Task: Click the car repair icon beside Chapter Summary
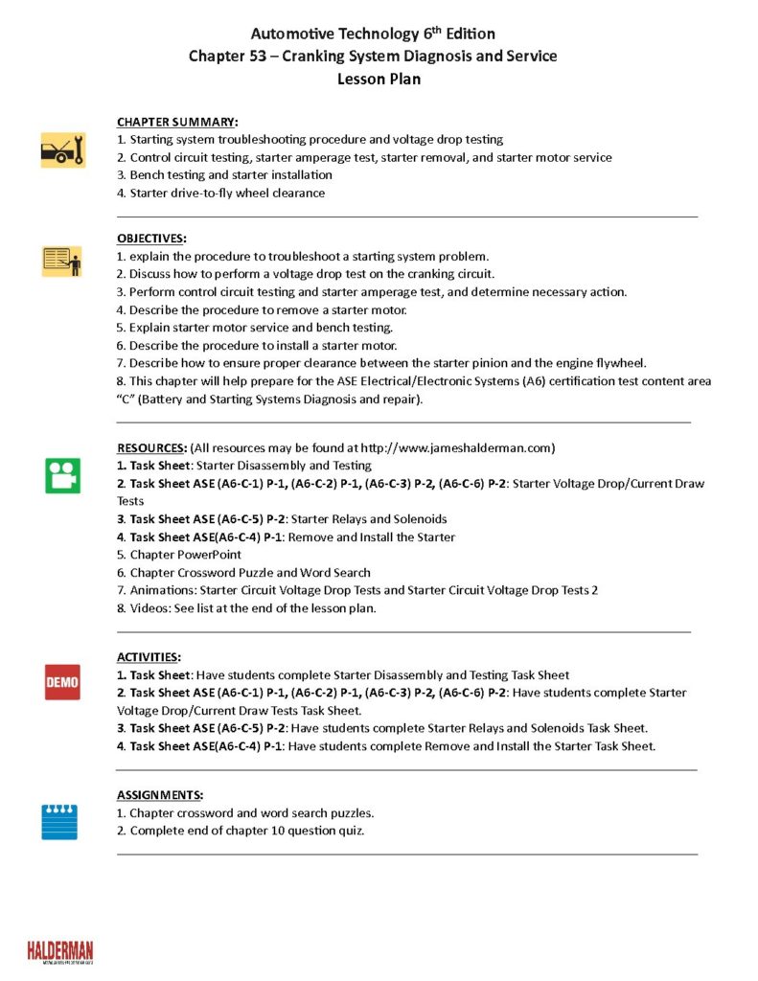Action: coord(62,150)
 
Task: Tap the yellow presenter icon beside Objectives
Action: coord(62,262)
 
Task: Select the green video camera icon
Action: coord(62,475)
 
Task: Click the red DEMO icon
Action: coord(62,682)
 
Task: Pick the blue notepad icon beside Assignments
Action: coord(59,821)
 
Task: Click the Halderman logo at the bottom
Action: coord(60,950)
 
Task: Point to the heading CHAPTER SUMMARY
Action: coord(177,122)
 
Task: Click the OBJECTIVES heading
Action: coord(151,238)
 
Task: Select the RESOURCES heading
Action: coord(151,447)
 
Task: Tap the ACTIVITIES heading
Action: coord(148,657)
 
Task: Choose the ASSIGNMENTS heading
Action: coord(159,795)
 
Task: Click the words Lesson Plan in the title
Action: coord(379,80)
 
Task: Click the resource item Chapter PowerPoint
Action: coord(185,555)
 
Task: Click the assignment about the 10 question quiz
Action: coord(246,831)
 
